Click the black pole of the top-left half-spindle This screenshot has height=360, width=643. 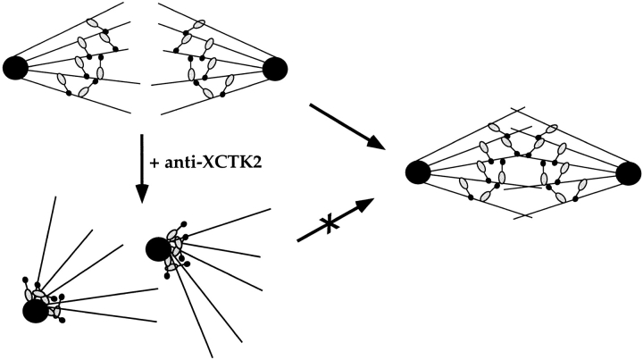[17, 67]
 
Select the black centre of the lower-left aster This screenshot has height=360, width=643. [35, 310]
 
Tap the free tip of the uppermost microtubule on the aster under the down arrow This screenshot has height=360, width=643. [270, 209]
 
